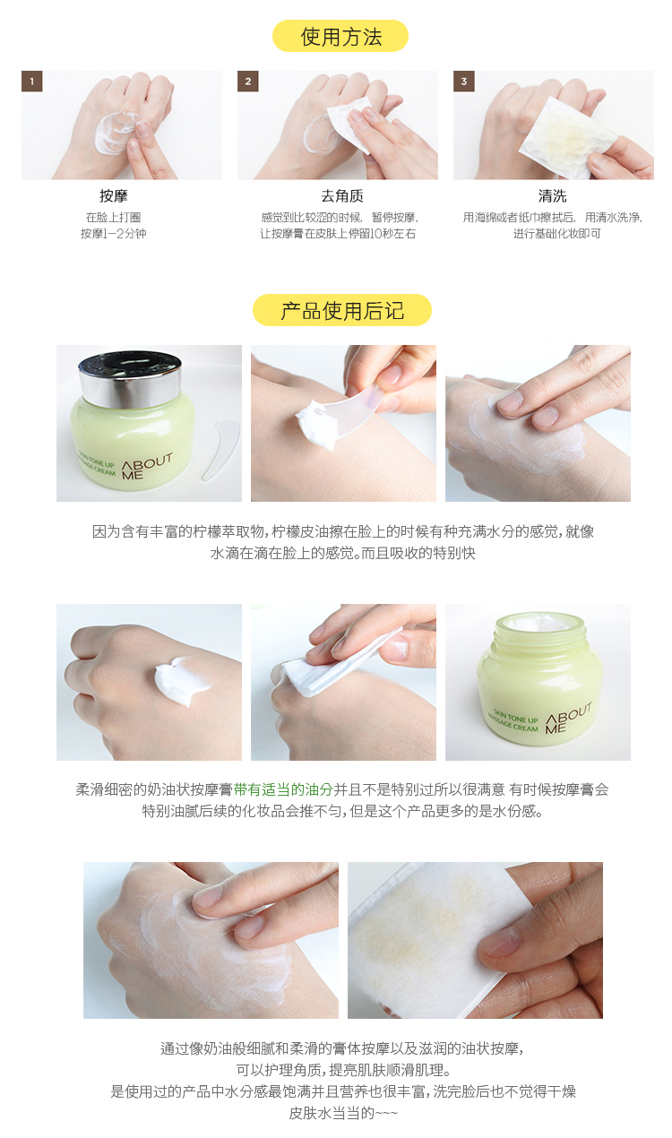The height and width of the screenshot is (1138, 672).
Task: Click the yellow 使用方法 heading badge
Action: pos(340,36)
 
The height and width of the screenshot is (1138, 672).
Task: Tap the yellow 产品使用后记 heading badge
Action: pos(342,310)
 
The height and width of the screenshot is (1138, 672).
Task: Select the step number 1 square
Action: pos(32,82)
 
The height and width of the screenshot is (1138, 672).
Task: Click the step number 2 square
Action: pos(248,82)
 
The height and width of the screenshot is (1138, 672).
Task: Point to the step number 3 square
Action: pos(464,82)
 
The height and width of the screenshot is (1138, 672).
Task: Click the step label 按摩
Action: pos(113,195)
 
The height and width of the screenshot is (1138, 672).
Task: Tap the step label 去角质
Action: pos(342,195)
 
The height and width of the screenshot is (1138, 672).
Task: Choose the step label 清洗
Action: pos(552,195)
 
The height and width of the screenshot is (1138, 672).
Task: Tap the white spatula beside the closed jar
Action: pos(220,449)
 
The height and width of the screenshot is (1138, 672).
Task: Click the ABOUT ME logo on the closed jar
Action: pos(146,467)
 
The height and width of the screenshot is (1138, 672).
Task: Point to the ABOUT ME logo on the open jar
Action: pos(568,718)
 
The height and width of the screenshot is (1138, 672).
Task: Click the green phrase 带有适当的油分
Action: pos(283,789)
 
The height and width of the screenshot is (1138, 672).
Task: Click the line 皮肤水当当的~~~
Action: pos(343,1113)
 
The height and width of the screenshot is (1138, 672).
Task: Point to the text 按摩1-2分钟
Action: pos(113,234)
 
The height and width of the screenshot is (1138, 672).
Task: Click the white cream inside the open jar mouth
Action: pos(538,625)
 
